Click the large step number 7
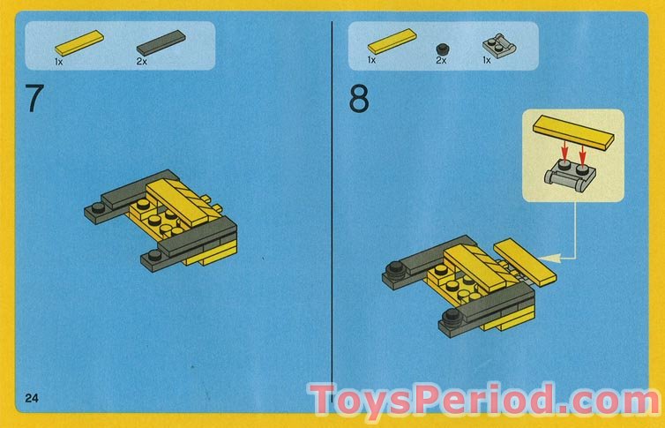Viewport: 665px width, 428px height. (x=34, y=98)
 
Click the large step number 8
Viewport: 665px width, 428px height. (x=359, y=99)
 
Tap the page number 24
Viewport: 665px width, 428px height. (x=32, y=398)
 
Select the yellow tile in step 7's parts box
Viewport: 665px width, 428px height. (x=79, y=42)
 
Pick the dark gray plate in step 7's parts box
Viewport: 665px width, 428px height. (x=161, y=43)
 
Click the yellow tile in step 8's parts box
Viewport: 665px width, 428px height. (x=392, y=41)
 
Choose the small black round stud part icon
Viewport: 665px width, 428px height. (x=444, y=49)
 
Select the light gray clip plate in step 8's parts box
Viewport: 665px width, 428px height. (x=499, y=45)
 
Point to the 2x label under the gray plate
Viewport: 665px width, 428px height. (x=142, y=62)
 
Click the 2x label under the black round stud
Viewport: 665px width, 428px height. (x=441, y=61)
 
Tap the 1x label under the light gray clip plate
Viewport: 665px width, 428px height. (x=487, y=61)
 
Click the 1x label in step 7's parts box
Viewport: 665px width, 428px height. (x=58, y=62)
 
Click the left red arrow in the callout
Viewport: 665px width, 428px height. (x=564, y=151)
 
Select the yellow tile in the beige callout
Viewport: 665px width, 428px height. (x=573, y=131)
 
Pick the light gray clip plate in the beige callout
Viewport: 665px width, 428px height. (x=570, y=176)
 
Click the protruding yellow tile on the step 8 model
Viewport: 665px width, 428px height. (x=525, y=261)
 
